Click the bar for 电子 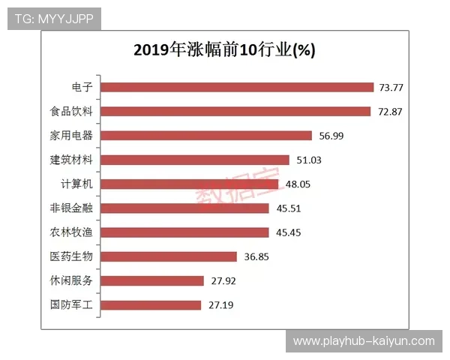click(236, 87)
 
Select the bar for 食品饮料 click(235, 111)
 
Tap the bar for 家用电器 click(205, 136)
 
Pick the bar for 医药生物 click(168, 256)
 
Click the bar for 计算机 click(189, 184)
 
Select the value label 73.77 click(391, 88)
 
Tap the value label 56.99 click(330, 136)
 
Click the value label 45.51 click(288, 208)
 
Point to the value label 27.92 click(223, 280)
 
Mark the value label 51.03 click(308, 160)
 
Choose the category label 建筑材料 click(70, 160)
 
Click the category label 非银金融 click(70, 208)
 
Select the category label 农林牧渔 click(70, 232)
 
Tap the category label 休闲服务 click(70, 280)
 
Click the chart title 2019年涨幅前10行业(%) click(224, 50)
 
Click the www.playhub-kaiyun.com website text click(364, 341)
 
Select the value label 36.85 click(256, 256)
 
